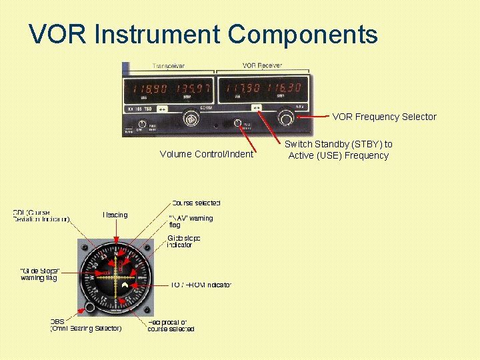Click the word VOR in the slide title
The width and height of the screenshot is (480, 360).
click(58, 34)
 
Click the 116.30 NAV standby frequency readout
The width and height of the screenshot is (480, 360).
click(283, 88)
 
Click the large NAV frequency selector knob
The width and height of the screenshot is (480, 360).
click(286, 119)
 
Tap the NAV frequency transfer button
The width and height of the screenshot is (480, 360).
click(256, 107)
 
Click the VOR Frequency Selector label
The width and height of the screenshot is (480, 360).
click(384, 117)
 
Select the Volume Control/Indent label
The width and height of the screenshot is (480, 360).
click(207, 154)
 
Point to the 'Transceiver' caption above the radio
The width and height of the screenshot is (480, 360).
click(169, 66)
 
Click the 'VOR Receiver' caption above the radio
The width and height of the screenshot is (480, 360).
click(261, 65)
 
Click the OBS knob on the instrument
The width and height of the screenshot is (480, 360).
click(89, 307)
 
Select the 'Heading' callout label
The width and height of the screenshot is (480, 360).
click(115, 215)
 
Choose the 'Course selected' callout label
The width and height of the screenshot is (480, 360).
click(196, 203)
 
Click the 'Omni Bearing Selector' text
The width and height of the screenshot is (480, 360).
click(87, 328)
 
